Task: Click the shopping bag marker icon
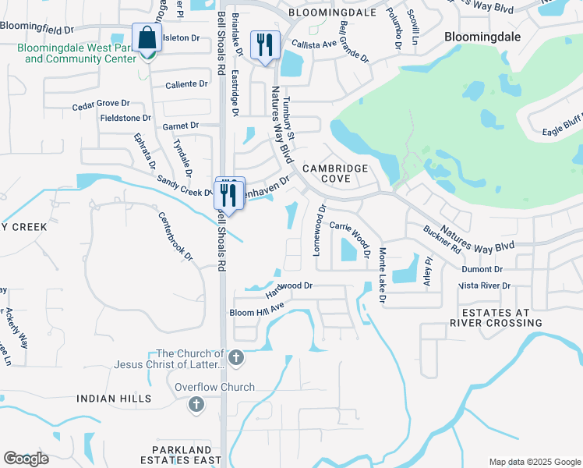[146, 38]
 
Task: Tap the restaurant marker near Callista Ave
[264, 45]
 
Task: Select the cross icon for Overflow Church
[196, 404]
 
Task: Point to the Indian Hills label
[108, 399]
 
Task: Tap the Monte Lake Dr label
[383, 275]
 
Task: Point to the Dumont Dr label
[482, 268]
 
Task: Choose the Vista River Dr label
[484, 286]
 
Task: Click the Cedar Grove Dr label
[101, 104]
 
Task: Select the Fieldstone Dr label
[125, 118]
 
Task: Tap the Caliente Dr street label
[186, 83]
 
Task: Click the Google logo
[26, 459]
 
